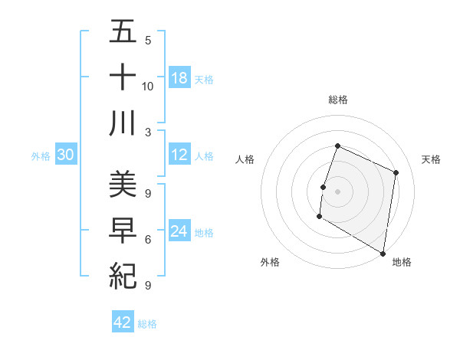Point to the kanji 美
point(123,184)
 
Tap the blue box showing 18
point(179,77)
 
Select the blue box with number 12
point(179,155)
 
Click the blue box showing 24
point(179,232)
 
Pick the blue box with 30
point(66,155)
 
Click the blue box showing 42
point(123,322)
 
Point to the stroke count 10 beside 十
point(148,86)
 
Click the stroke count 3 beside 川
point(148,131)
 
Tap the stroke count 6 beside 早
point(148,239)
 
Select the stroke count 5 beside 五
point(148,41)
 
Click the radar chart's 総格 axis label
point(337,100)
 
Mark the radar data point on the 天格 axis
point(396,172)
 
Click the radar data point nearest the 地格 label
point(383,253)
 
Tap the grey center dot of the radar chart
point(337,191)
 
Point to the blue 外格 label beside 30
point(41,156)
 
